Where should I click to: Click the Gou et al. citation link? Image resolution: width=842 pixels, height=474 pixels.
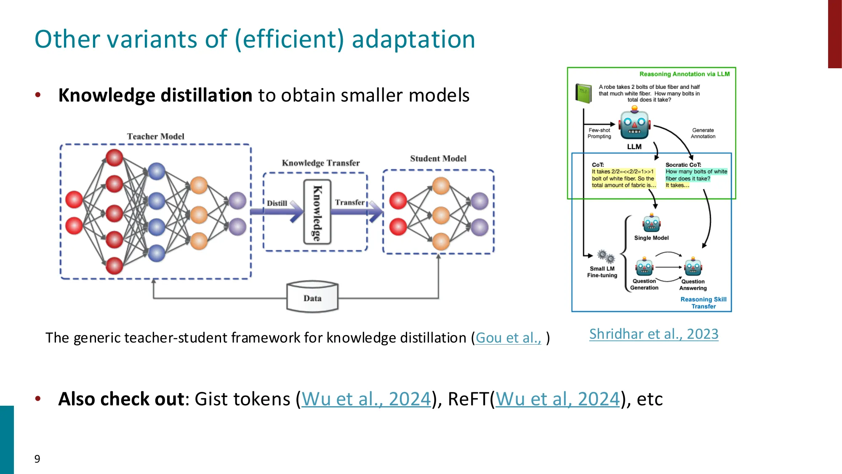tap(508, 338)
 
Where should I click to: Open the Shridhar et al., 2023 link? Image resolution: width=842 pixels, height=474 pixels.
tap(653, 334)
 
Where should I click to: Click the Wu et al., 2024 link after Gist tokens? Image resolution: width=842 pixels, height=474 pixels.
tap(366, 399)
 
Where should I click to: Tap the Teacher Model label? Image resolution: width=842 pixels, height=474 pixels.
tap(156, 137)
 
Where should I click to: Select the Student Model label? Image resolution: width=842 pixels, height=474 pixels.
tap(438, 158)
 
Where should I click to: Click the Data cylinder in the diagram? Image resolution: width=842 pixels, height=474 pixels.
tap(312, 297)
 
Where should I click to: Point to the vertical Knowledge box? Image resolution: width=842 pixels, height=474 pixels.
tap(317, 212)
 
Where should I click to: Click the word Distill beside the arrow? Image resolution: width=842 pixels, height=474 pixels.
tap(277, 203)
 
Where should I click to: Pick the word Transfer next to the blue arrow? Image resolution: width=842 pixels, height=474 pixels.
tap(349, 202)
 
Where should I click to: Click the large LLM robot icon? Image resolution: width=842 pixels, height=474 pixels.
tap(634, 124)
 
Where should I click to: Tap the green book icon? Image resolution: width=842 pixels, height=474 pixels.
tap(584, 93)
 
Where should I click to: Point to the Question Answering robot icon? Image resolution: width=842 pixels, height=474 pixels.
tap(693, 267)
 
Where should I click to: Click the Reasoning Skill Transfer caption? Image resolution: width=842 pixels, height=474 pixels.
tap(703, 303)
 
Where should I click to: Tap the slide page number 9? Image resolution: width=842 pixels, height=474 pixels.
tap(37, 459)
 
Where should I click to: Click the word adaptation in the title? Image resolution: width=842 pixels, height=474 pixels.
tap(413, 39)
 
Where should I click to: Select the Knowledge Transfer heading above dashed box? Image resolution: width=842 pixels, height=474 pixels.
tap(320, 163)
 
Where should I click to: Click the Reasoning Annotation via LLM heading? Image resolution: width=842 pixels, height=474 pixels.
tap(684, 74)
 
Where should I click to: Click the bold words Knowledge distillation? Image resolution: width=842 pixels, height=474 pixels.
tap(155, 95)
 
